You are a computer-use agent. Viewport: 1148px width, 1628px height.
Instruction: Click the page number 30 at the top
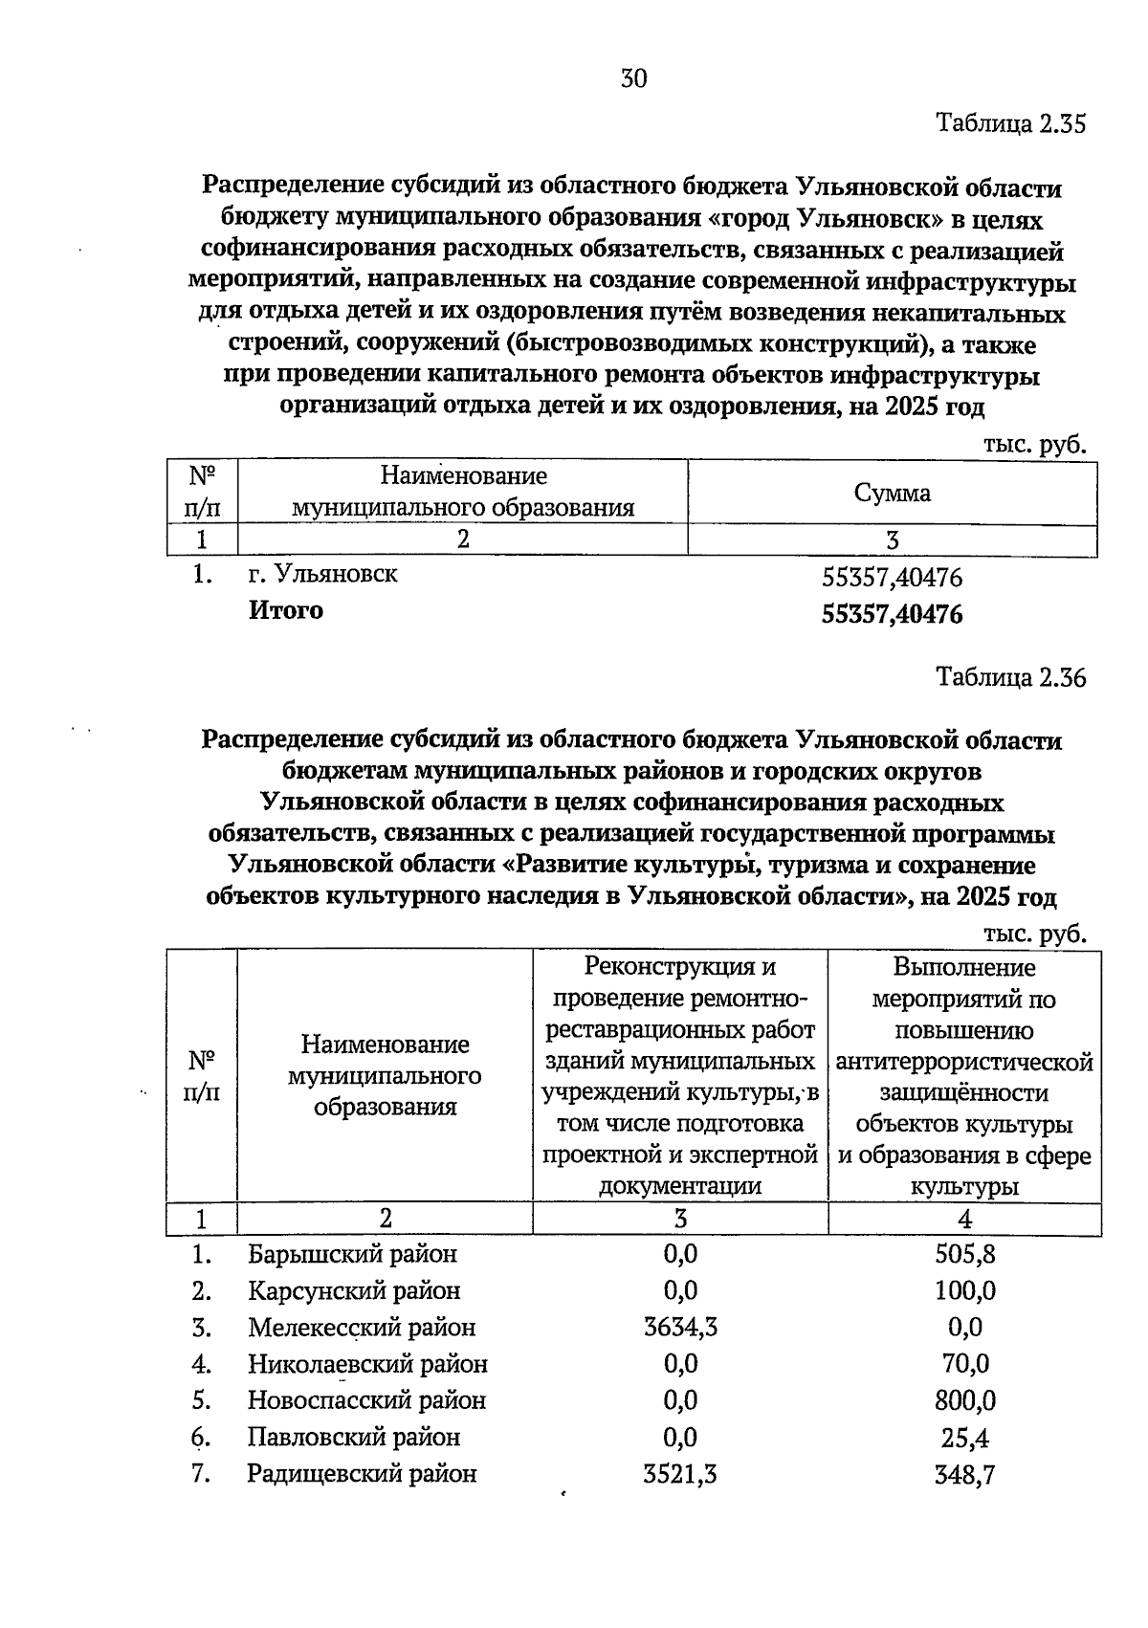coord(633,78)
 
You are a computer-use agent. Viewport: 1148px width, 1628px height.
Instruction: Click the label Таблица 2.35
coord(1011,124)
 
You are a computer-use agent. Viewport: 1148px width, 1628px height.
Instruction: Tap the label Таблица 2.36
coord(1011,678)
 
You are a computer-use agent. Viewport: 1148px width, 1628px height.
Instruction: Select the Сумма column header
coord(892,493)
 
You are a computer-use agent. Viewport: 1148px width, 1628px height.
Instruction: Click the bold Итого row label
coord(286,610)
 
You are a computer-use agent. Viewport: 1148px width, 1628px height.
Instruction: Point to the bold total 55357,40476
coord(892,614)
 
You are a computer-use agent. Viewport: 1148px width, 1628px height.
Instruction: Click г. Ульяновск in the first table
coord(322,574)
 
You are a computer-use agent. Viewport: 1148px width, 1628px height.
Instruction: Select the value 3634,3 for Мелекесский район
coord(680,1327)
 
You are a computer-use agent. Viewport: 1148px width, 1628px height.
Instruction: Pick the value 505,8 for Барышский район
coord(964,1254)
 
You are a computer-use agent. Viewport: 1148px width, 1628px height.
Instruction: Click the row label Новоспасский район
coord(366,1400)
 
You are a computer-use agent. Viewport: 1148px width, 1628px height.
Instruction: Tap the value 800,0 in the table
coord(964,1400)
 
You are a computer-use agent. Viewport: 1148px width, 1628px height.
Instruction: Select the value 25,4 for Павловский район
coord(964,1438)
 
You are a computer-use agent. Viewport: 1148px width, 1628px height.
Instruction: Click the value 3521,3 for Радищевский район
coord(680,1474)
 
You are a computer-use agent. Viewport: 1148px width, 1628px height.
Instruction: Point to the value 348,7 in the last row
coord(964,1474)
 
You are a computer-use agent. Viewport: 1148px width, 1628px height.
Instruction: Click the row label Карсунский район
coord(354,1290)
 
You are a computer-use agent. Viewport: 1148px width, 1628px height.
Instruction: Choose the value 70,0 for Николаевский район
coord(964,1364)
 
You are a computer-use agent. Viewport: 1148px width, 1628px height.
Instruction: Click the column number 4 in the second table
coord(964,1219)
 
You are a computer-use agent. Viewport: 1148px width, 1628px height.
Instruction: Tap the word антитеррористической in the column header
coord(964,1062)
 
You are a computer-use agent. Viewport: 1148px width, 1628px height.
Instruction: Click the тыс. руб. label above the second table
coord(1034,933)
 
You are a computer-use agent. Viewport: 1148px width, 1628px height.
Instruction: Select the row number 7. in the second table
coord(200,1474)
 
